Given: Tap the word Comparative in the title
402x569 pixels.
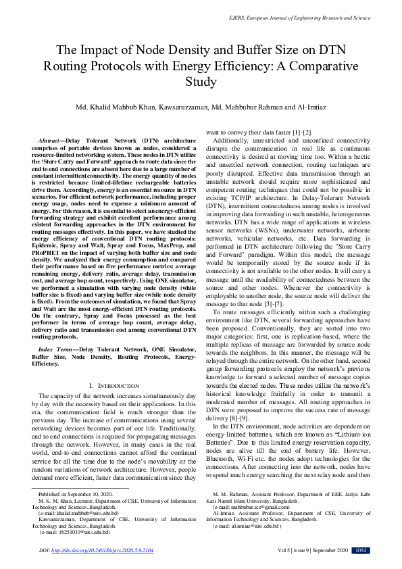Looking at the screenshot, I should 320,66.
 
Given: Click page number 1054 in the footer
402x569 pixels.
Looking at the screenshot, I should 361,551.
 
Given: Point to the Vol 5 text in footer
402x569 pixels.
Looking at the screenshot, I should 279,551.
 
